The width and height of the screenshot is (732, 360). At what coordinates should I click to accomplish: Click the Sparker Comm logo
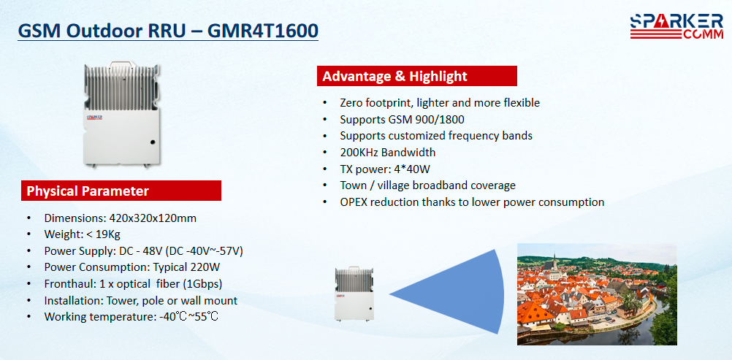coord(676,26)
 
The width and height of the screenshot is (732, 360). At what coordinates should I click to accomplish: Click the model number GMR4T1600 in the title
coord(263,31)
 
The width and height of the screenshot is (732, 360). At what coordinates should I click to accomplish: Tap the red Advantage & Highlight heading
coord(417,76)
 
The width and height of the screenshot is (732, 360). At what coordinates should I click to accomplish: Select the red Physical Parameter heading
coord(121,191)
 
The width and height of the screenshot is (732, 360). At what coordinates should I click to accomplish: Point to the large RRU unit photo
coord(121,115)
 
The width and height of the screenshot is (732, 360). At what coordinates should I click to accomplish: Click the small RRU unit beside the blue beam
coord(354,294)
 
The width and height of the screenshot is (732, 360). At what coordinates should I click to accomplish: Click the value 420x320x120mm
coord(153,218)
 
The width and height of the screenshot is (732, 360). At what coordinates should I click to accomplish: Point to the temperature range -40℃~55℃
coord(188,317)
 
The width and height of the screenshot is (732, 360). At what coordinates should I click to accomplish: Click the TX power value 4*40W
coord(416,169)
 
